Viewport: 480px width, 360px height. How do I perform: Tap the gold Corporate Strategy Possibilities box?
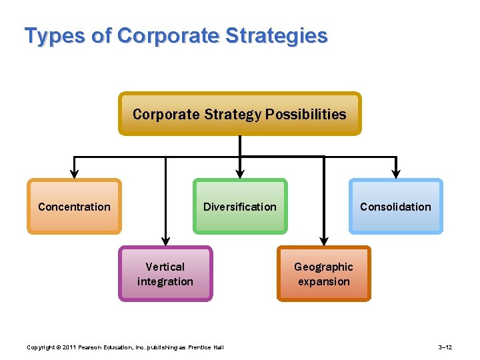click(x=239, y=114)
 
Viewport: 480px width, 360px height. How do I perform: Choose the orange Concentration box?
click(x=74, y=207)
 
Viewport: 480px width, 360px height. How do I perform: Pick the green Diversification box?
click(x=239, y=207)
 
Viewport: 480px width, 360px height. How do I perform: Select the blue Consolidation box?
click(x=395, y=207)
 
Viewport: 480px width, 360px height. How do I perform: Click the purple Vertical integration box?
click(x=165, y=274)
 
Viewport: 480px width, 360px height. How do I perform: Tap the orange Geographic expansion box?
click(x=323, y=274)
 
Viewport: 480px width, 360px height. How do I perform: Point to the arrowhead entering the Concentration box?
click(x=74, y=175)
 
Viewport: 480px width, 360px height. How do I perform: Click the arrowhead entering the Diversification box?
click(x=239, y=175)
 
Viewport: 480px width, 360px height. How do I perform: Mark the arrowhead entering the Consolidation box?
click(x=396, y=175)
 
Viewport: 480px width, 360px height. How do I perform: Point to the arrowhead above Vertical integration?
click(x=165, y=241)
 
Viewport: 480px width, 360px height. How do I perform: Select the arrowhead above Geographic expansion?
click(x=323, y=241)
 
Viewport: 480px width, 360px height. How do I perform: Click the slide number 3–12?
click(x=445, y=347)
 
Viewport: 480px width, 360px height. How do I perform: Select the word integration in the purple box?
click(x=165, y=281)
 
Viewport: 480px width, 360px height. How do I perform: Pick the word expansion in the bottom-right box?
click(x=323, y=281)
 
